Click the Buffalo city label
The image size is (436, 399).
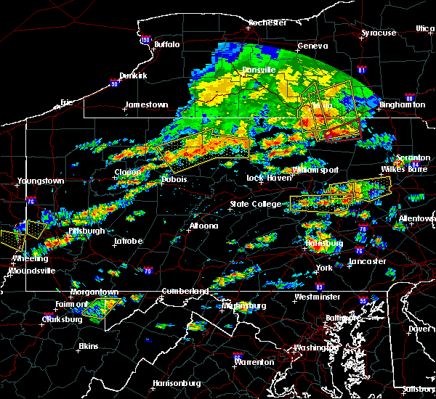[166, 45]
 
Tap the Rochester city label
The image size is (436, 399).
[267, 22]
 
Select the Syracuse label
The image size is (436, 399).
[379, 33]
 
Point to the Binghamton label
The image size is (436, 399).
[402, 104]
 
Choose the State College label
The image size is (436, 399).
[256, 204]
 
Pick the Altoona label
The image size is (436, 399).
[203, 226]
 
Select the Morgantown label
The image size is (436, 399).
[94, 292]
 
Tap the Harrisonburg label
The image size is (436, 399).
[177, 383]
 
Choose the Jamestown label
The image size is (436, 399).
[146, 104]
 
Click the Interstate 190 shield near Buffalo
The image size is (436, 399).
[145, 40]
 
